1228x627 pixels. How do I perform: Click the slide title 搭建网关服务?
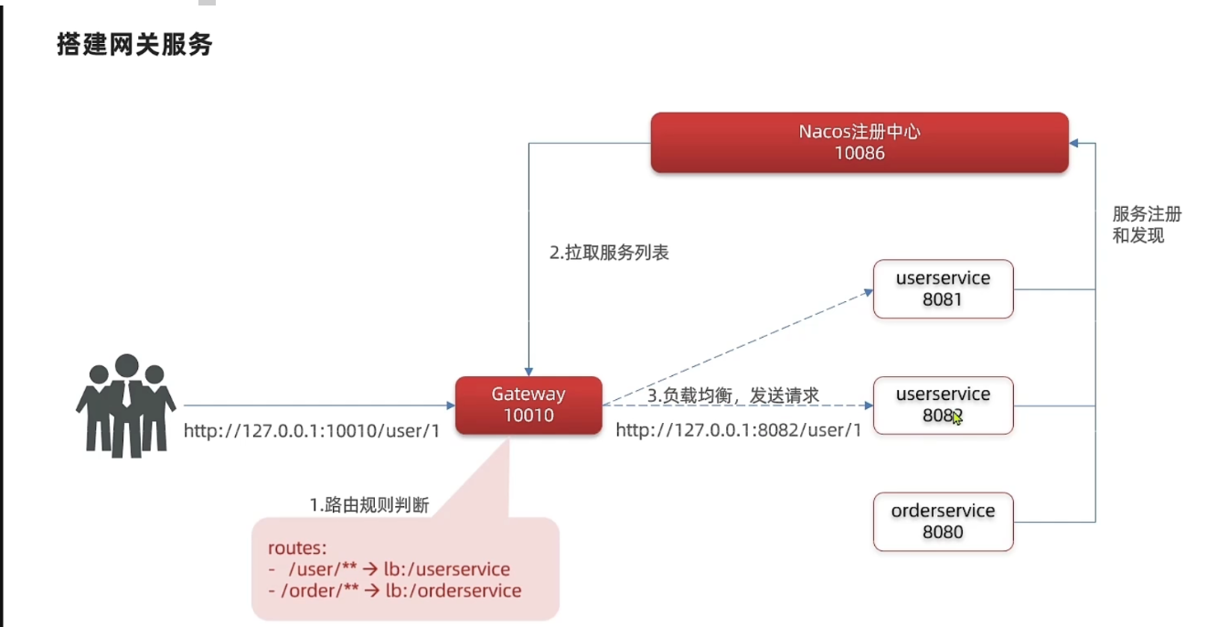135,45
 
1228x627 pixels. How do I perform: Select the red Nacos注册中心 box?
859,142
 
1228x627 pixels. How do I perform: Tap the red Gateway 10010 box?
529,405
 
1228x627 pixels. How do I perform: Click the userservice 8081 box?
943,288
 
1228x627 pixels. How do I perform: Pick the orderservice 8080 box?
943,521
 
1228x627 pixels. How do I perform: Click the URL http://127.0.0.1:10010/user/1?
312,430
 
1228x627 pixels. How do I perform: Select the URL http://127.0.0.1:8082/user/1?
738,430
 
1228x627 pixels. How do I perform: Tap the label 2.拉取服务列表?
609,253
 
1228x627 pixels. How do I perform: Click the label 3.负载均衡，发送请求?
733,395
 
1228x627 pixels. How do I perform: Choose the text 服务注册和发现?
1147,224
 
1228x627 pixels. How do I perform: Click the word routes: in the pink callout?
296,548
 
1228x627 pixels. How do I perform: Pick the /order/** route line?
395,590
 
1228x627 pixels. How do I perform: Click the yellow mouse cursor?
956,417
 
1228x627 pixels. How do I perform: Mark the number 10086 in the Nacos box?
860,153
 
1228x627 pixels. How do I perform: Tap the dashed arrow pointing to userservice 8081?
737,348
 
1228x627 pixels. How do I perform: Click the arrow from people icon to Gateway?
319,405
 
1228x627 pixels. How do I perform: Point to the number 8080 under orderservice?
943,532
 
